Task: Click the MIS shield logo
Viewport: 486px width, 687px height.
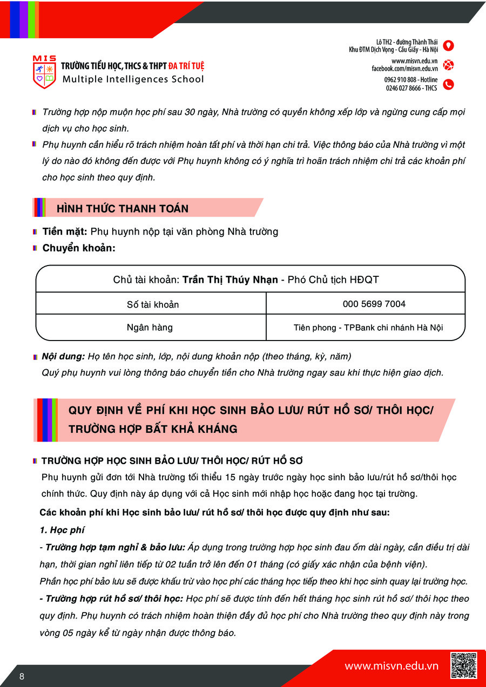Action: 44,72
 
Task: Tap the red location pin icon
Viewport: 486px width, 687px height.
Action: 448,45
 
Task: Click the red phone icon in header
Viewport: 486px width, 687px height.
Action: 448,84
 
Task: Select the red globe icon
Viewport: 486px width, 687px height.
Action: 448,65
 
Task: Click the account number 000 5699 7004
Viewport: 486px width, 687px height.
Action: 374,304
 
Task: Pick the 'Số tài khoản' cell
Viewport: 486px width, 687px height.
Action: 152,304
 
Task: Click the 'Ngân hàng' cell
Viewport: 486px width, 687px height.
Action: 150,327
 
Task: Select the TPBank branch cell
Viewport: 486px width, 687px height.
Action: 368,328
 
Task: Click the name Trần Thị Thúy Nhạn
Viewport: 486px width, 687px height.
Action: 230,280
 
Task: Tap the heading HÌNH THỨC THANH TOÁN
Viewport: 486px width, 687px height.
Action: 123,209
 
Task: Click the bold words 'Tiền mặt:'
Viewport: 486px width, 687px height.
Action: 65,232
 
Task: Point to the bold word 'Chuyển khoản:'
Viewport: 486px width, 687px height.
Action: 79,248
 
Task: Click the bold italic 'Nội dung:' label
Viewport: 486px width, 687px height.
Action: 64,357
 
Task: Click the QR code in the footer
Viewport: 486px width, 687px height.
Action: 463,665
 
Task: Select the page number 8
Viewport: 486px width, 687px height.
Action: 22,677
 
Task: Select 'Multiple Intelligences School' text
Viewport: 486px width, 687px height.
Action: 133,79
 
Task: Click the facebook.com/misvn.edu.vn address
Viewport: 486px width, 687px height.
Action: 404,69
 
